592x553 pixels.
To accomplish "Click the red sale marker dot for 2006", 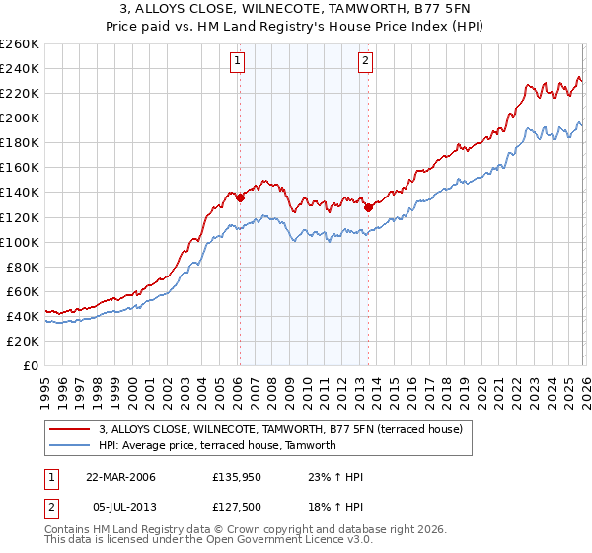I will tap(240, 197).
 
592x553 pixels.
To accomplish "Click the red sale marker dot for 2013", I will tap(368, 207).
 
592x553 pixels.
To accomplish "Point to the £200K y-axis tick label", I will tap(20, 118).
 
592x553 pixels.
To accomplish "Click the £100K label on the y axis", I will tap(20, 242).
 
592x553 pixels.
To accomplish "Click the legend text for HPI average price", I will tap(217, 445).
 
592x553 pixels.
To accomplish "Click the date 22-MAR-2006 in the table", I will tap(120, 477).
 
